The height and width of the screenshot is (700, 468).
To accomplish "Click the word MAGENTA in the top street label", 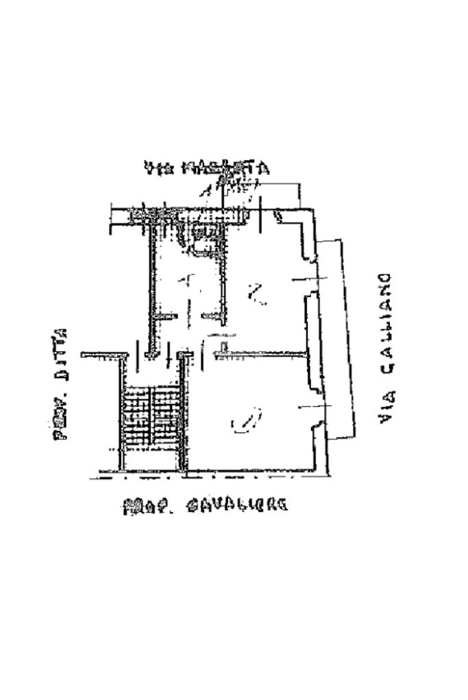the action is point(230,168).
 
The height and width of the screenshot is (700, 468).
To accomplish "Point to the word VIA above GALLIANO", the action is point(386,406).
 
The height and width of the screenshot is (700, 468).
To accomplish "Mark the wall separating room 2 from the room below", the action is point(260,353).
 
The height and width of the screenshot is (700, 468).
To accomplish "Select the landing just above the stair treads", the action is point(152,373).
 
